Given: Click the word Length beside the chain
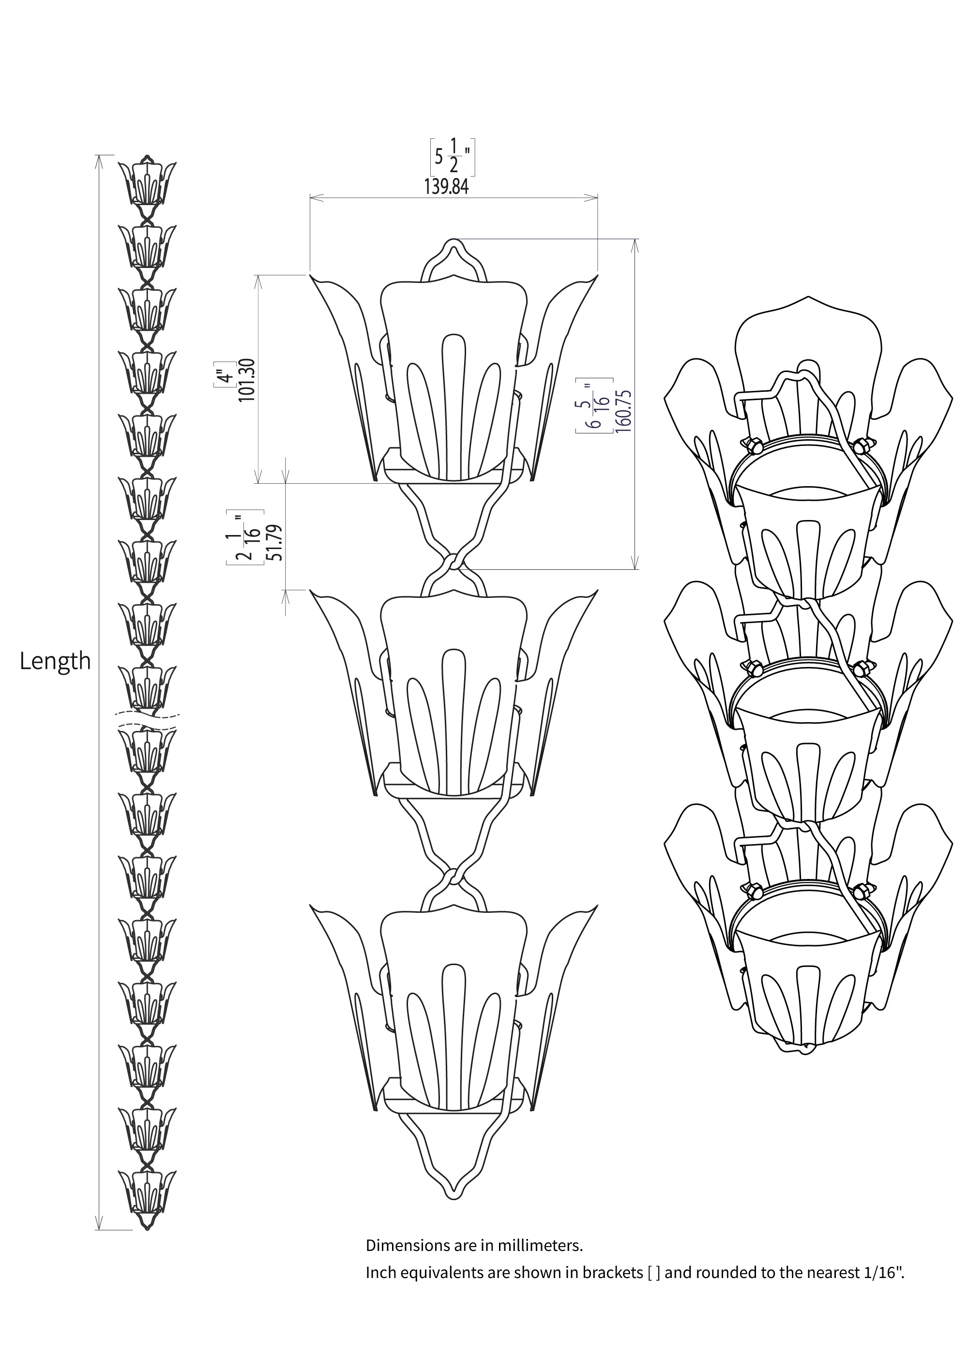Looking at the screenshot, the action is (55, 661).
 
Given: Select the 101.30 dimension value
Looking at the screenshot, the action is (246, 380).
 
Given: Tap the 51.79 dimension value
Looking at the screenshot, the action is (275, 542).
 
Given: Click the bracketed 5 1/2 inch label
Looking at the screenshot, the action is (453, 157).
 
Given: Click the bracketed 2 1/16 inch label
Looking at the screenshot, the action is (245, 537).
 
